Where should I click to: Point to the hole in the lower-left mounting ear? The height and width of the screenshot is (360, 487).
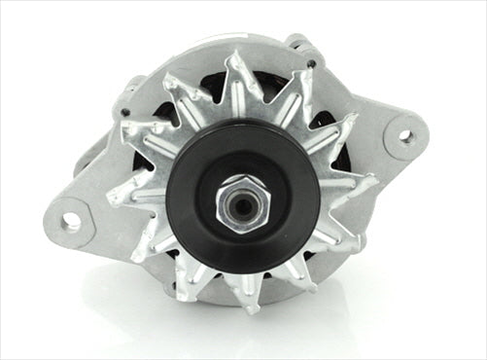click(71, 221)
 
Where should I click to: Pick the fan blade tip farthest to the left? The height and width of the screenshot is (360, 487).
click(110, 199)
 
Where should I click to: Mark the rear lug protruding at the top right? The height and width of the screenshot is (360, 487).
click(296, 44)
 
